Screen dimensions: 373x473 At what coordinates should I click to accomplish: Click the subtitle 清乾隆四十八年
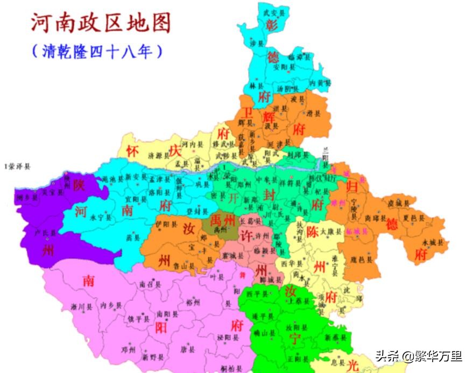click(x=97, y=52)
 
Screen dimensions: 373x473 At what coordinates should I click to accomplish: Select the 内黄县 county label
click(x=320, y=83)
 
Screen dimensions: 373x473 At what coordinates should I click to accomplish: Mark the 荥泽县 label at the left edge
click(x=17, y=167)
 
